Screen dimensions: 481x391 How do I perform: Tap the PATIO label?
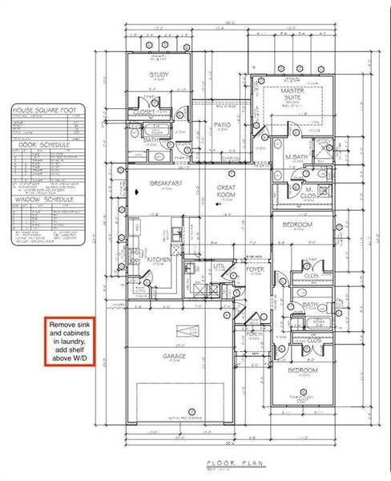coord(222,125)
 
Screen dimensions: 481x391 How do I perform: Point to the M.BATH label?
coord(296,156)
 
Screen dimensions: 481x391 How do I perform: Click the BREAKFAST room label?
coord(165,184)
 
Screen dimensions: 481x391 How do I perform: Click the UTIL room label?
coord(219,265)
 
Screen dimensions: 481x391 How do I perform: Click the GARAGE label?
coord(175,355)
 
